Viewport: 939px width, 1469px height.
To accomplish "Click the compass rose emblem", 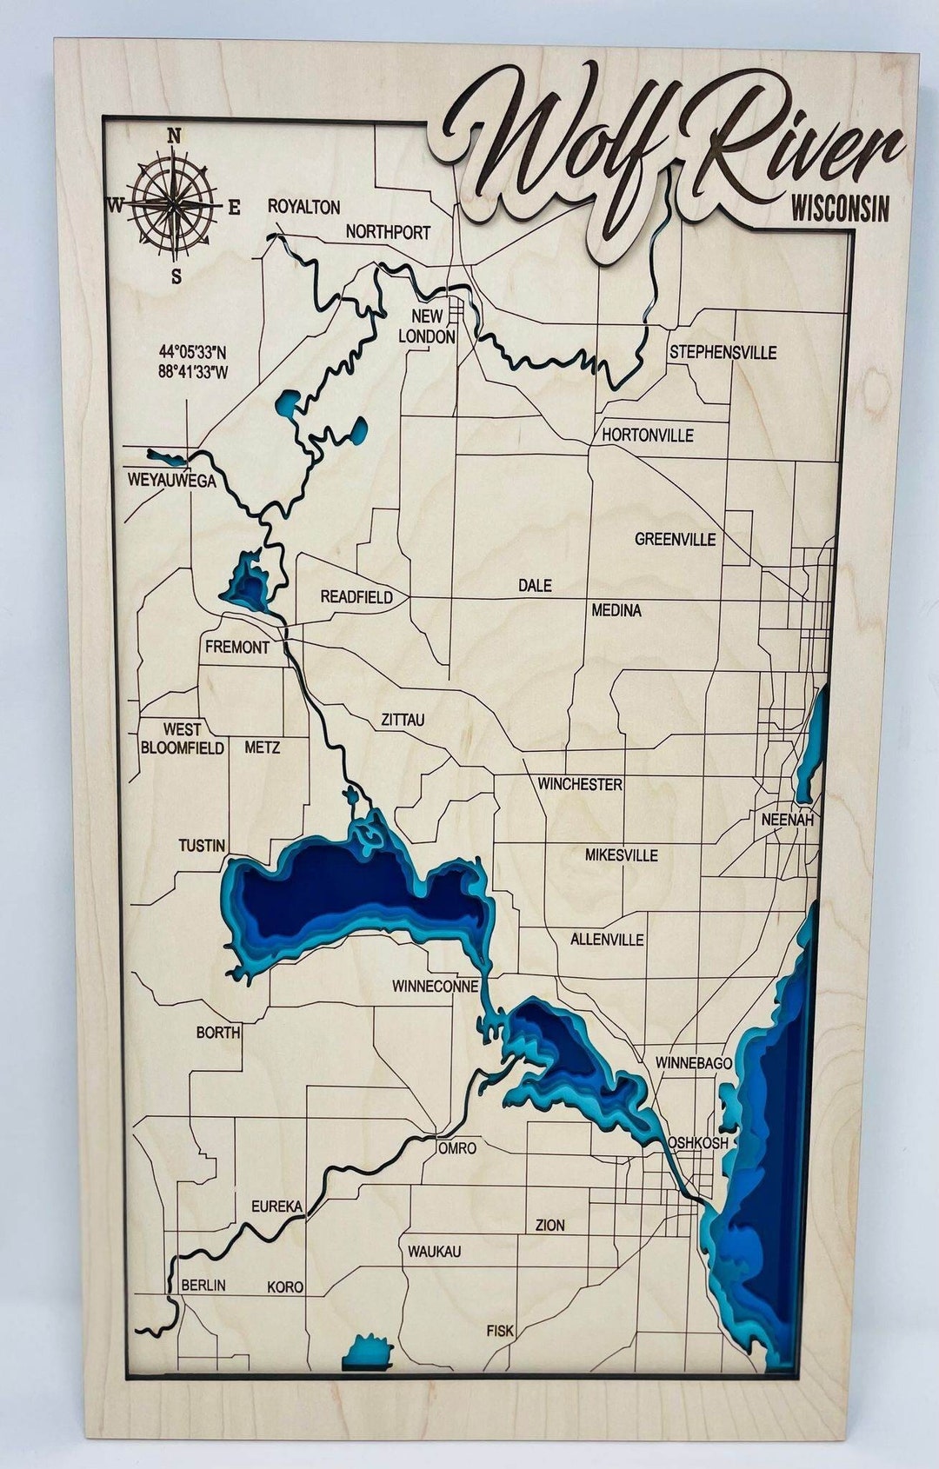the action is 175,205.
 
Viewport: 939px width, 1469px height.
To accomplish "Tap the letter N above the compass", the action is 174,136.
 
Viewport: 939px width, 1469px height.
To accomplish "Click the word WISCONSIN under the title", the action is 840,209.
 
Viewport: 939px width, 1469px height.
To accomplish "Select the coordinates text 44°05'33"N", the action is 192,352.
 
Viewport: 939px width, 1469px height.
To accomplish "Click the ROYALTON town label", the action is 303,207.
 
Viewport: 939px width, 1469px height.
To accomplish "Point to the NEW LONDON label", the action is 427,326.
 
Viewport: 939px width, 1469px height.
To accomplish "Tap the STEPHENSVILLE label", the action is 723,352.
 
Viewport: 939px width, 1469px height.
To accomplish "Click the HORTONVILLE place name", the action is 648,435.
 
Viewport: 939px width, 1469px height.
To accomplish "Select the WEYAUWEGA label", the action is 171,480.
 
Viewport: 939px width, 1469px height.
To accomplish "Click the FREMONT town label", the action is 236,647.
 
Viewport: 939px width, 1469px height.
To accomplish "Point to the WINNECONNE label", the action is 435,986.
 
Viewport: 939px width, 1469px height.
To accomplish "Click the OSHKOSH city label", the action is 697,1142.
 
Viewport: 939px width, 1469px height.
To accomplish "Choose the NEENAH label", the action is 787,819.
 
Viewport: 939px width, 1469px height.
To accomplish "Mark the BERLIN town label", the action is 203,1285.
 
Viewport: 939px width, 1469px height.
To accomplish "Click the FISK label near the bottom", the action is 500,1330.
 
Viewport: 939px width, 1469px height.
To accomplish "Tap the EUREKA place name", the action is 276,1206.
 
